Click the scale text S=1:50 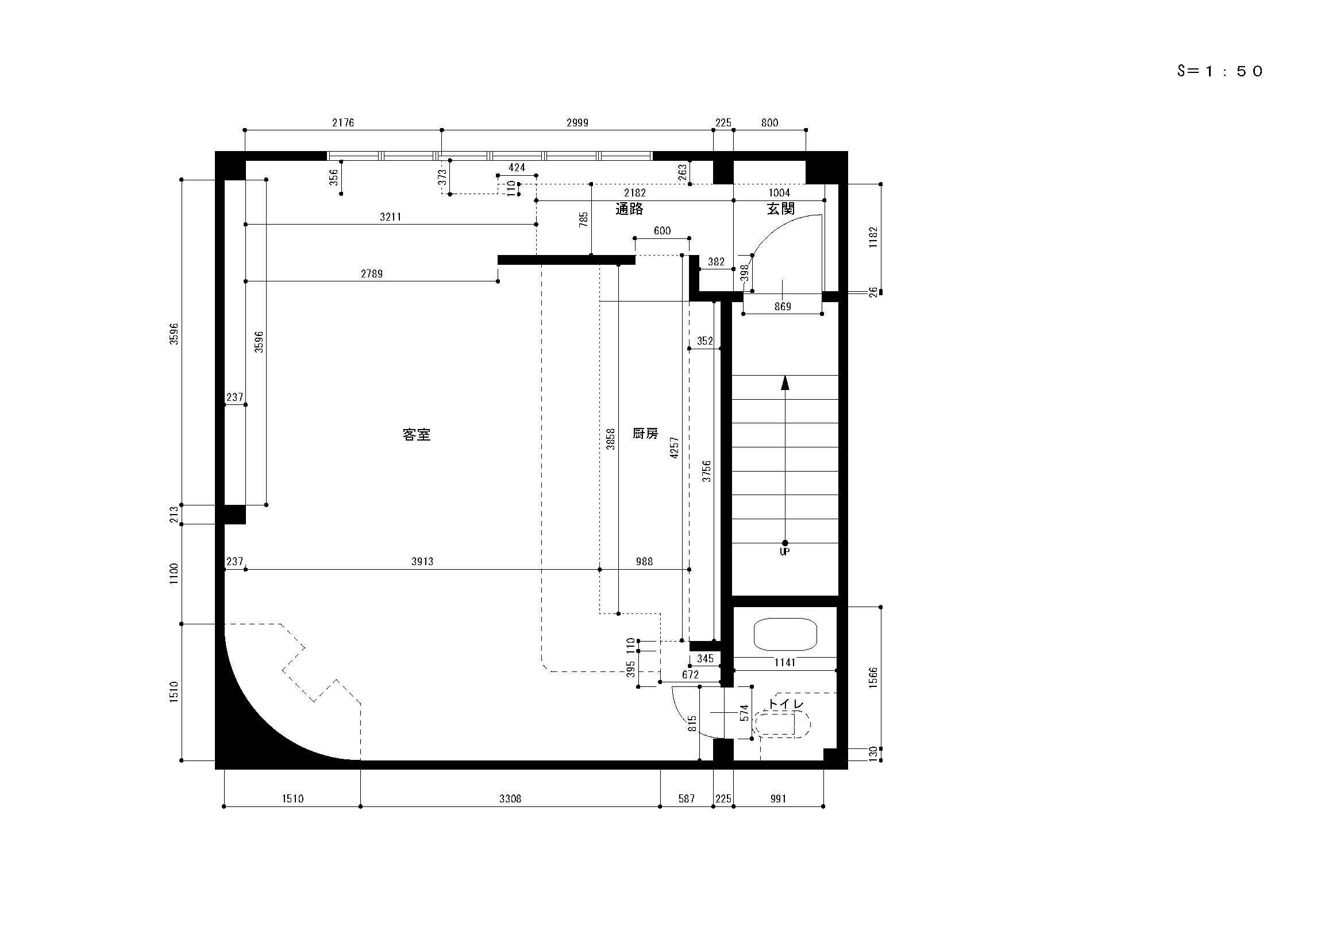coord(1220,71)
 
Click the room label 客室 coord(417,435)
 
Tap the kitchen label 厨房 coord(645,434)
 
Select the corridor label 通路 coord(629,209)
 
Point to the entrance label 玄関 coord(781,209)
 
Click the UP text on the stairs coord(784,551)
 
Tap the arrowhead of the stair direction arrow coord(785,382)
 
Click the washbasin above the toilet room coord(785,634)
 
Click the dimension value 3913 coord(422,562)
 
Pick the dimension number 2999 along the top coord(577,123)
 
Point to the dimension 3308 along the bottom coord(510,799)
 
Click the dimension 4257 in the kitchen coord(675,447)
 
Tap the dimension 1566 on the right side coord(873,678)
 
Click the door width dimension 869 coord(783,307)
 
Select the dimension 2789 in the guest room coord(372,274)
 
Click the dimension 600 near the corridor coord(662,231)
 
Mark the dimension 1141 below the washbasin coord(784,663)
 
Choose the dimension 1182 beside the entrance coord(873,238)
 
